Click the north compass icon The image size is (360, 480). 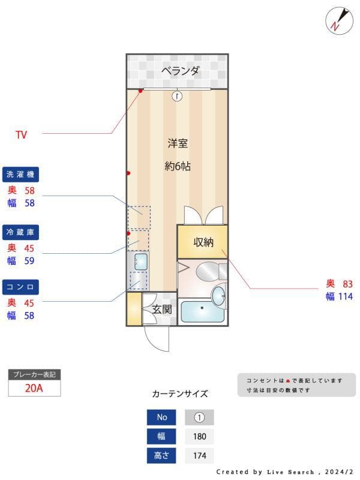[339, 20]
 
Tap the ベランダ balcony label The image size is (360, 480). [181, 71]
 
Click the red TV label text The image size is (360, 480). [22, 134]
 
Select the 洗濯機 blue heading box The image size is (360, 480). [20, 175]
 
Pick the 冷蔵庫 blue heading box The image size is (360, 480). [20, 232]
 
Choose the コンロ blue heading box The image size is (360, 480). [20, 287]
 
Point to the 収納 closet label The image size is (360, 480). [203, 242]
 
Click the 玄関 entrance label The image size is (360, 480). [162, 309]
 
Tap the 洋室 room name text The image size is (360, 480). [178, 143]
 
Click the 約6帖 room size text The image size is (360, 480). [178, 166]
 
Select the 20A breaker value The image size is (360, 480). [34, 388]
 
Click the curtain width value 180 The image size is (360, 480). [200, 436]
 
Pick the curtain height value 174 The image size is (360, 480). [200, 455]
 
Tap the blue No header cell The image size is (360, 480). [161, 417]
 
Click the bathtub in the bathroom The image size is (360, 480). [202, 311]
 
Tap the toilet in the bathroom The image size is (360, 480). [211, 271]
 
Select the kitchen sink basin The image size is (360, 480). [140, 262]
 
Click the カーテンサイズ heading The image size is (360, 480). [180, 394]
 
